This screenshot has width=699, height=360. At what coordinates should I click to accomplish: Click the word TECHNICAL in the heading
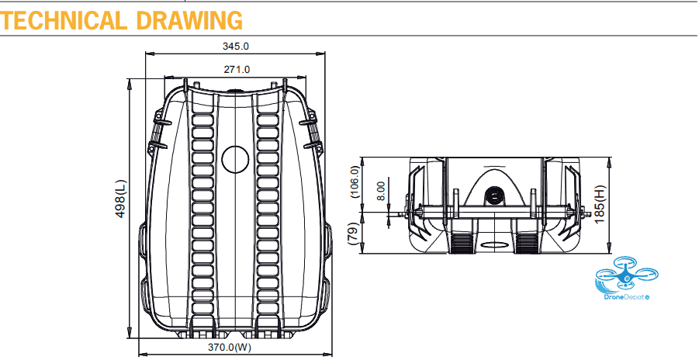62,20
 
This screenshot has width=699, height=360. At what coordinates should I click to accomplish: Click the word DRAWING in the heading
189,20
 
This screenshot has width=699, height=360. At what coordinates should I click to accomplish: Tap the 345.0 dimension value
236,46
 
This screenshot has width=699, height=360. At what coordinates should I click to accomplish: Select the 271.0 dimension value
237,69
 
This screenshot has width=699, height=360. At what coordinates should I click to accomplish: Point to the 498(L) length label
121,199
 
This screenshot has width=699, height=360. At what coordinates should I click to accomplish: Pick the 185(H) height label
600,204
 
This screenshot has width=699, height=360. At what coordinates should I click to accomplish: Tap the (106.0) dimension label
355,182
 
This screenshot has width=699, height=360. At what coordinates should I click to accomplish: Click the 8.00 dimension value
381,191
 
